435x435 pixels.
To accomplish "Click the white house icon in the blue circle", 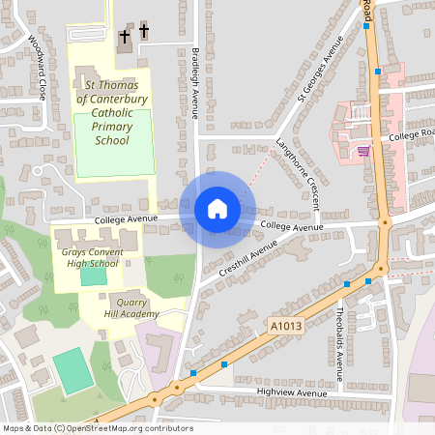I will (x=217, y=209).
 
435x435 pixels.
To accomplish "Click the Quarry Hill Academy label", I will (x=133, y=306).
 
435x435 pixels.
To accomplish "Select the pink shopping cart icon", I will (x=363, y=150).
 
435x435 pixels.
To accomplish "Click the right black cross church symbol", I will (x=145, y=32).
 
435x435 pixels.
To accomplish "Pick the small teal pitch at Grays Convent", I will (x=93, y=275).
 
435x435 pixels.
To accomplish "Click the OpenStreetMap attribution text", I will (x=97, y=428).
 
